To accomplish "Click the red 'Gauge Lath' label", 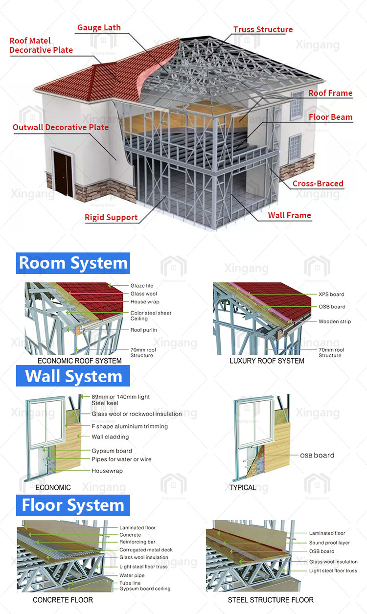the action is [99, 27].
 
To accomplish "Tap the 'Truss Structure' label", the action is [263, 29].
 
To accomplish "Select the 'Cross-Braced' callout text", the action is [318, 183].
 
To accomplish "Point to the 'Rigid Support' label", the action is [111, 217].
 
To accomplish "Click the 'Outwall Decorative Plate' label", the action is [61, 127].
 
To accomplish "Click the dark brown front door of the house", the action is [63, 174].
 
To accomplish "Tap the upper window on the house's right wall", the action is [297, 105].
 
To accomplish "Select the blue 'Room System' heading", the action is [73, 263].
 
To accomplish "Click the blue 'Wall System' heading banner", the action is [73, 376].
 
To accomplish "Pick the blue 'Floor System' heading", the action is [73, 505].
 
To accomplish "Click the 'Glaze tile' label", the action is [142, 286].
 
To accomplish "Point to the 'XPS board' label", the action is [331, 294].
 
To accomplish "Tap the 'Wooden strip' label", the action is [335, 321].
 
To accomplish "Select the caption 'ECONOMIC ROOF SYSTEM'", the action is [79, 361].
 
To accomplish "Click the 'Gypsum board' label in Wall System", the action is [112, 451].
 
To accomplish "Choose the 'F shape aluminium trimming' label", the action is [130, 426].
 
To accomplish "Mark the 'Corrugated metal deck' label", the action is [146, 550].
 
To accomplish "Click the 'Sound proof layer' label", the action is [329, 543].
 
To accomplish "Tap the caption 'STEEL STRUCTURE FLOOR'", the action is [271, 600].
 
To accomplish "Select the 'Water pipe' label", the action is [132, 575].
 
